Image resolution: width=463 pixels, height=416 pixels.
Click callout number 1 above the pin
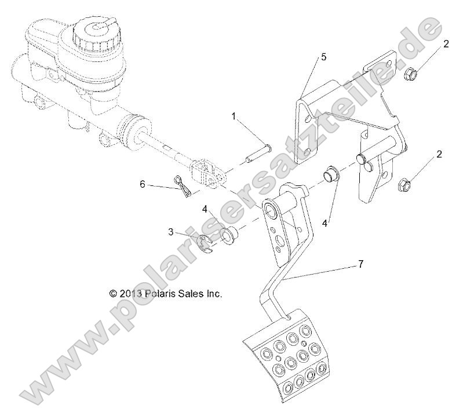(234, 116)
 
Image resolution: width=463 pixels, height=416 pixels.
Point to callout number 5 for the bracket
(324, 57)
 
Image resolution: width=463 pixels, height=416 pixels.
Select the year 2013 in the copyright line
(130, 294)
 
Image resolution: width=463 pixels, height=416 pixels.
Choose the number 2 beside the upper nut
(446, 43)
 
